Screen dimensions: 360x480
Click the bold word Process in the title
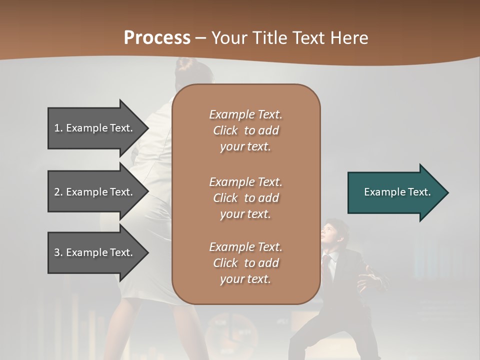coord(157,38)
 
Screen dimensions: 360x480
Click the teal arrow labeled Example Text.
coord(395,192)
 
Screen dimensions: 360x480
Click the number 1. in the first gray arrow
coord(58,128)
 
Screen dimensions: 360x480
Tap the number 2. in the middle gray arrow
coord(58,192)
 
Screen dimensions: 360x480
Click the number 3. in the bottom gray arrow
coord(58,252)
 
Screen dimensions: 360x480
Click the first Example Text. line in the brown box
coord(245,114)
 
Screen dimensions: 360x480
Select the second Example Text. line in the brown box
coord(245,181)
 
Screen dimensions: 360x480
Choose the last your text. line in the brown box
coord(245,279)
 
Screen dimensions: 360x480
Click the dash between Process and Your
coord(201,38)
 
